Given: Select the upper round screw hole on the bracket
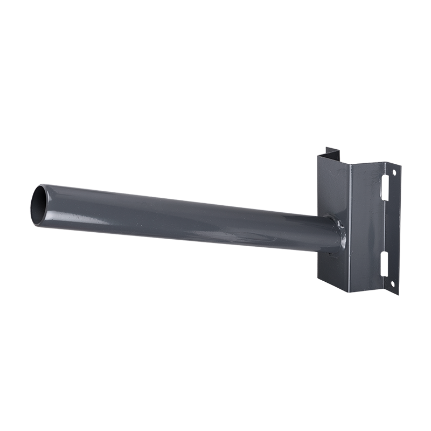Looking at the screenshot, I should point(394,172).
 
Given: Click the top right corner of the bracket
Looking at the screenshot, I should point(400,163).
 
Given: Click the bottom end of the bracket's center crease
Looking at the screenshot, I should point(350,291).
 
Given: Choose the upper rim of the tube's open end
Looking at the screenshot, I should point(43,186).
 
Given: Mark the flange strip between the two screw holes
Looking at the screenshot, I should point(393,229).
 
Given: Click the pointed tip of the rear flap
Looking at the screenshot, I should point(338,149).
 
